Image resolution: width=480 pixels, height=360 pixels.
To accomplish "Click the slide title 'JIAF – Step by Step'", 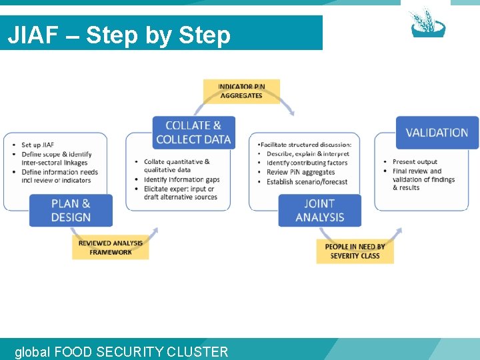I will [119, 35].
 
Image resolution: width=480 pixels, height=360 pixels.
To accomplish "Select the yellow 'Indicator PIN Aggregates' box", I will [241, 91].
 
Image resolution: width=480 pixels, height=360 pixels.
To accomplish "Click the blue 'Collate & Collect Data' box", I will [193, 132].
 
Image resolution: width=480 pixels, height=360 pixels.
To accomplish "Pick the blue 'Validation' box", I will [437, 132].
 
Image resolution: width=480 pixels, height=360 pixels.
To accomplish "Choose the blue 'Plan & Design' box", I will [71, 210].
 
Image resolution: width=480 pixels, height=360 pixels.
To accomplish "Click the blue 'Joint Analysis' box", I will [319, 210].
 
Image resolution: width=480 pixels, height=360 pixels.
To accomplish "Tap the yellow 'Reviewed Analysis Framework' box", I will [110, 247].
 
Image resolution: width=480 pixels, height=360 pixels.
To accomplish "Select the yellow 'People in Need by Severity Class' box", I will [355, 251].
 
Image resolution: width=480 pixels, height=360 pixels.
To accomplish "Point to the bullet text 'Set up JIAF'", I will [37, 145].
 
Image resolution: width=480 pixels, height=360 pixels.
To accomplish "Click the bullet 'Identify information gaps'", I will [181, 179].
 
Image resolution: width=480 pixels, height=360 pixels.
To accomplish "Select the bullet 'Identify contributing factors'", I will [307, 163].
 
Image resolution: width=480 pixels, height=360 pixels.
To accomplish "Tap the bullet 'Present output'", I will [415, 162].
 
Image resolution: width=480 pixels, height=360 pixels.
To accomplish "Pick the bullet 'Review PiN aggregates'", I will [300, 172].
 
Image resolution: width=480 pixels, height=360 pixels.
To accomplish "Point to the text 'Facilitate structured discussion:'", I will [305, 145].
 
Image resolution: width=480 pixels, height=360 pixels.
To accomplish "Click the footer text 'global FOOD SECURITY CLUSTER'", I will [121, 351].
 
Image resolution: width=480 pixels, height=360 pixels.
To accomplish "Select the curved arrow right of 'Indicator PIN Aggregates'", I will [287, 105].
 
